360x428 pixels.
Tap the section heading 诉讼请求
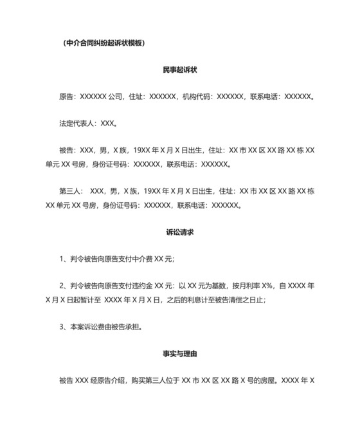(179, 232)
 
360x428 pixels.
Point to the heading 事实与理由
(179, 353)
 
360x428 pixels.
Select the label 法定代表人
(77, 124)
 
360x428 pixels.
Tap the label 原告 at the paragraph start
(66, 97)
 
